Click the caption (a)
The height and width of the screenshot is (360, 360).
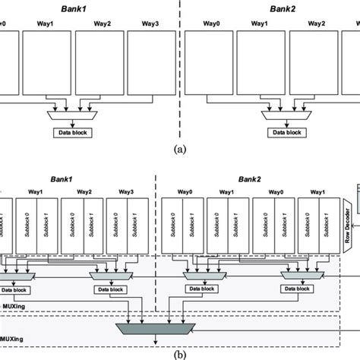179,150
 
